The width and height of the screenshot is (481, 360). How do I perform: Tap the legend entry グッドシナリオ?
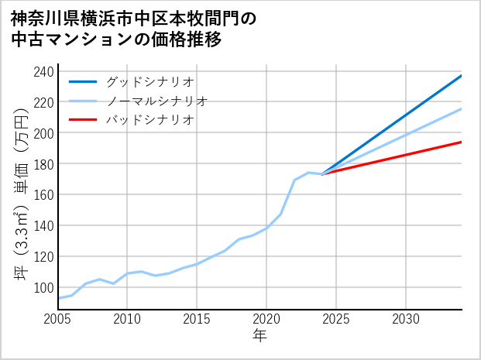[x=149, y=81]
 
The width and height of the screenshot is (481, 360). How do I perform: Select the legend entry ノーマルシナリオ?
[x=156, y=101]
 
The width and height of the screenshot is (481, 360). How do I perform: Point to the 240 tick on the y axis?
[x=44, y=72]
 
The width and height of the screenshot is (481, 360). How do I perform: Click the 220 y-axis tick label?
[x=44, y=102]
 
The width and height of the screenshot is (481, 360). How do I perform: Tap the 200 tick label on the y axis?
[x=44, y=133]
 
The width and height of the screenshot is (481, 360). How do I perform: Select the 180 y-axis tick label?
[x=44, y=164]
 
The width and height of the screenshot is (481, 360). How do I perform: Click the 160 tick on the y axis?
[x=44, y=195]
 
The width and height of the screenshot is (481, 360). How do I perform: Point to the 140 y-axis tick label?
[x=44, y=225]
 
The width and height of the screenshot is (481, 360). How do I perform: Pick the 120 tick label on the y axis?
[x=44, y=256]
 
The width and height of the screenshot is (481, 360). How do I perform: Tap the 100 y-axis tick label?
[x=44, y=287]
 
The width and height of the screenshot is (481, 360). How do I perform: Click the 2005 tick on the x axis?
[x=58, y=319]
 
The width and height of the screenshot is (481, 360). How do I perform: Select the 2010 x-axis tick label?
[x=128, y=319]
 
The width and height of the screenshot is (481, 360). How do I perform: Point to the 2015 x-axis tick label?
[x=198, y=319]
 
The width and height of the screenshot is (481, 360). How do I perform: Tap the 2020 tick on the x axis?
[x=266, y=319]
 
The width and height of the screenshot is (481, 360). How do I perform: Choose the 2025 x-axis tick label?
[x=336, y=319]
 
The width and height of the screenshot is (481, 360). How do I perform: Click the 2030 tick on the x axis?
[x=406, y=319]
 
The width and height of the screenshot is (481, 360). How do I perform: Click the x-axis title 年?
[x=259, y=336]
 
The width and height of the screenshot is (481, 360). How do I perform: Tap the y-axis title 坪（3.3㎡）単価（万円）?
[x=21, y=190]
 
